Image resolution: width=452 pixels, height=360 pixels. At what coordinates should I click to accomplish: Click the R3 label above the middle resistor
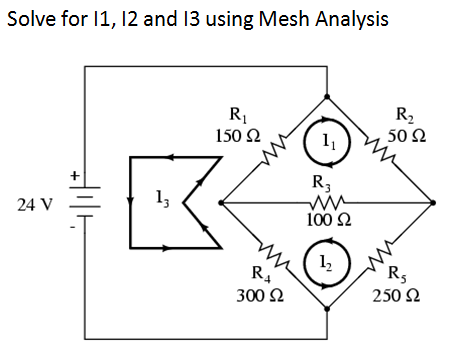click(321, 181)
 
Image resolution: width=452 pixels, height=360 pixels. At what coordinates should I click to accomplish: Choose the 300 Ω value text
click(256, 296)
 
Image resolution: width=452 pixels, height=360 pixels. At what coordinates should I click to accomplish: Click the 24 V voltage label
click(36, 206)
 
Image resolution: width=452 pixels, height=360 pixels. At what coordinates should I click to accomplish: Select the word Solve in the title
click(30, 20)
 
